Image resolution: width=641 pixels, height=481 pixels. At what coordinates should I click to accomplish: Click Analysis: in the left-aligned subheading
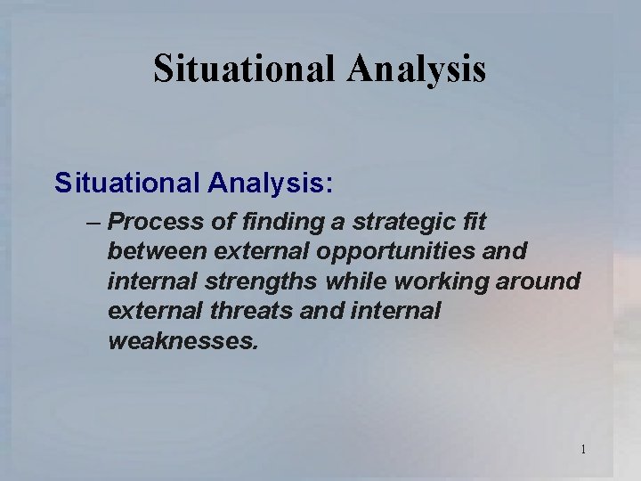pyautogui.click(x=271, y=184)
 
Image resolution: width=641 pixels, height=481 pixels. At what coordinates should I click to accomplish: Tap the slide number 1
pyautogui.click(x=583, y=449)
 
